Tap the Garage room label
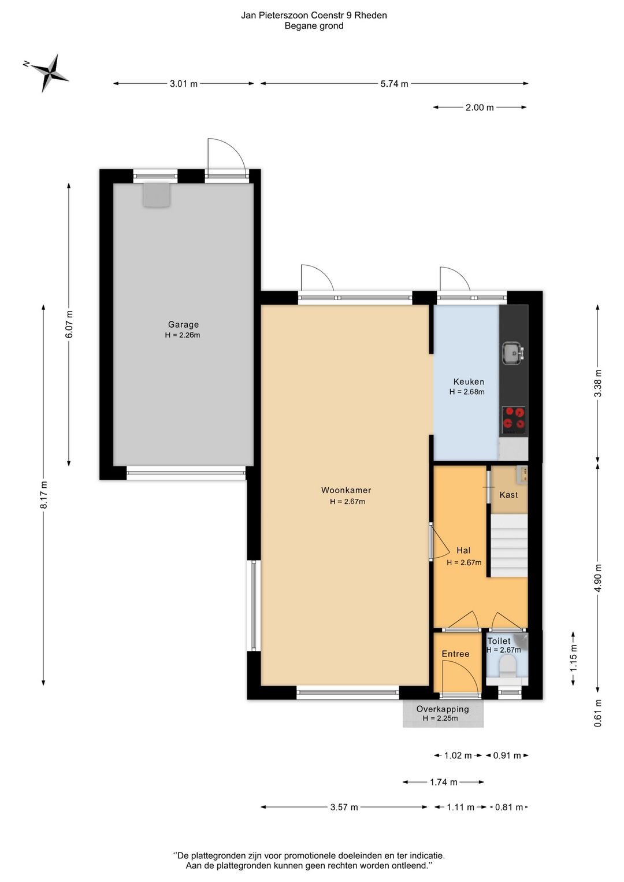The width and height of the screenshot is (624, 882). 183,324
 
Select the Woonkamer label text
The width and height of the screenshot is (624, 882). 346,490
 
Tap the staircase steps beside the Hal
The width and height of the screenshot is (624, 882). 508,546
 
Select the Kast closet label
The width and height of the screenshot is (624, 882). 508,495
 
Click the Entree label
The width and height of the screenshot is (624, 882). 455,654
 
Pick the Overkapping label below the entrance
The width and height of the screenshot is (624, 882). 443,709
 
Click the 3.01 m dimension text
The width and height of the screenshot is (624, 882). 184,84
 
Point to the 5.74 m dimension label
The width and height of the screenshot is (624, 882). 394,84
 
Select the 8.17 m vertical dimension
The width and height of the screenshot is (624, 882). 44,495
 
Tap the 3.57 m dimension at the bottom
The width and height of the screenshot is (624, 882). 344,807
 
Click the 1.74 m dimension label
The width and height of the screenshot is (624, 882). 444,782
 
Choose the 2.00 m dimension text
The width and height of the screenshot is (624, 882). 480,108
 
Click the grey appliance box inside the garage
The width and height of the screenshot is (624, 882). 157,195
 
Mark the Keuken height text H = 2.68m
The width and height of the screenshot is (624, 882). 467,392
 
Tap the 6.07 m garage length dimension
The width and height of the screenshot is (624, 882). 69,324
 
